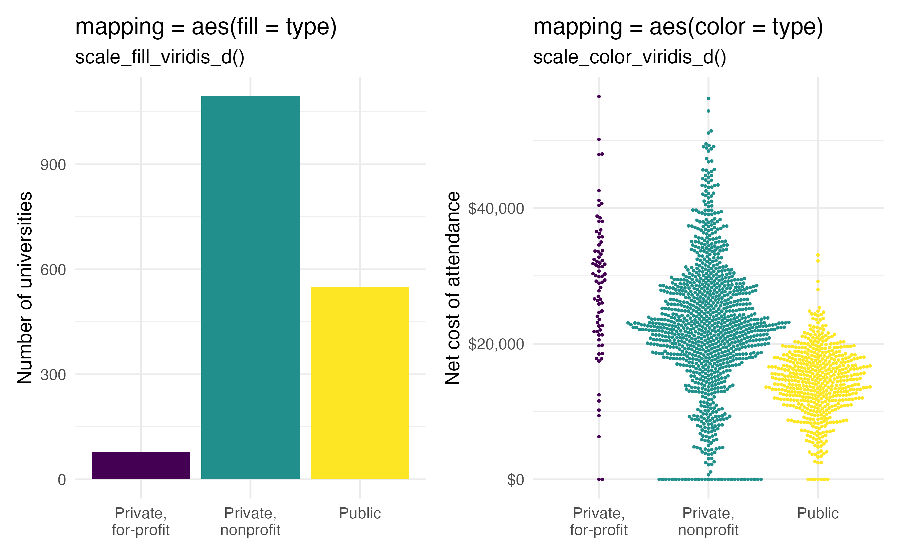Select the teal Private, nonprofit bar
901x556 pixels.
coord(250,288)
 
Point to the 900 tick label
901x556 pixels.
coord(53,165)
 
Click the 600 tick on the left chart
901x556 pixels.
coord(53,270)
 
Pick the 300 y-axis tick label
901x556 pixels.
coord(53,375)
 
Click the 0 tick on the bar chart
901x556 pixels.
coord(62,480)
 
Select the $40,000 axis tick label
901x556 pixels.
coord(496,209)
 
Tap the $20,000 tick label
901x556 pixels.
coord(496,344)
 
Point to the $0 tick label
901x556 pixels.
coord(515,480)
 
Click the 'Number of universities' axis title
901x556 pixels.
coord(25,288)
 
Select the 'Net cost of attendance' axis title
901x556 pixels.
coord(453,288)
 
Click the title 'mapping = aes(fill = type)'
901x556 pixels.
coord(206,27)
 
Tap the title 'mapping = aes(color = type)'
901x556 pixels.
coord(678,27)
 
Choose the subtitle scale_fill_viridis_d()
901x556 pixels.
coord(160,57)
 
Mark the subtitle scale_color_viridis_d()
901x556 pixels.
coord(629,57)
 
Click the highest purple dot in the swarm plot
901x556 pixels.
coord(599,96)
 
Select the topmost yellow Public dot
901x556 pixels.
coord(818,255)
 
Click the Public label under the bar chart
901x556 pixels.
coord(360,513)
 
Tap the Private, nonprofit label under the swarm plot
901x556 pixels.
coord(708,521)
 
